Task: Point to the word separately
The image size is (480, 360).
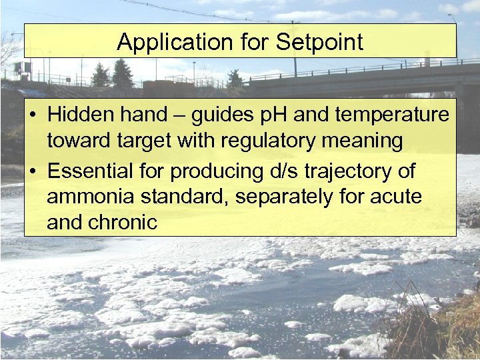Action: tap(283, 197)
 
